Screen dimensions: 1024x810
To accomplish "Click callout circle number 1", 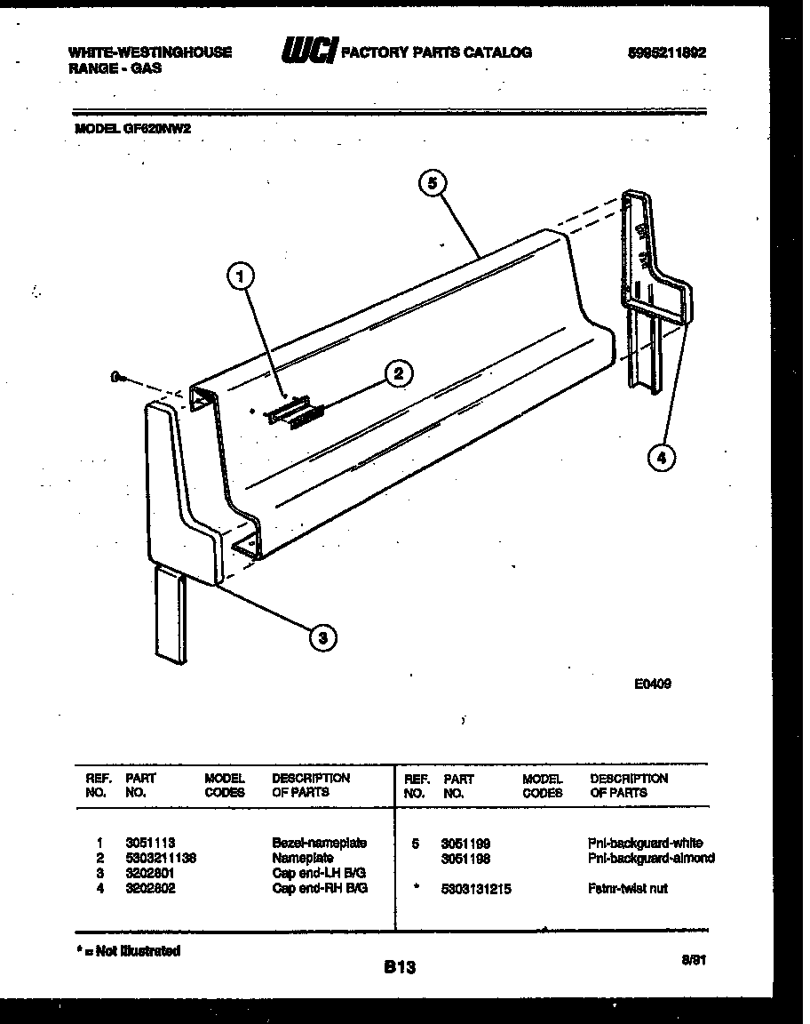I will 237,278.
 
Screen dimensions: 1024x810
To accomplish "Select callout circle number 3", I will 323,636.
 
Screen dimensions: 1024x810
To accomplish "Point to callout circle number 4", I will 660,458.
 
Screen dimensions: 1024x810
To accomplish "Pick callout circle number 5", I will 432,183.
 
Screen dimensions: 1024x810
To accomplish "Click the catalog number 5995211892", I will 666,52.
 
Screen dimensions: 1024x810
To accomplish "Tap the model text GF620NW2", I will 160,128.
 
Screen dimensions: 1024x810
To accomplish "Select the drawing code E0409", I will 652,684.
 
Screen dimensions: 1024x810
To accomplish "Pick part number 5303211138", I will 161,858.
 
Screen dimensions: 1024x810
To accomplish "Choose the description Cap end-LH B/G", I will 319,873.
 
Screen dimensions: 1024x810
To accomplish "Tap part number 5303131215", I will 475,888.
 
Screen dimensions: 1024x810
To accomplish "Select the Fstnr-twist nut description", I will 627,888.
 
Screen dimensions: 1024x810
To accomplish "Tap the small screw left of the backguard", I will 117,378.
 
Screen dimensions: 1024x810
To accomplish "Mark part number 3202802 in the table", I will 150,888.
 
